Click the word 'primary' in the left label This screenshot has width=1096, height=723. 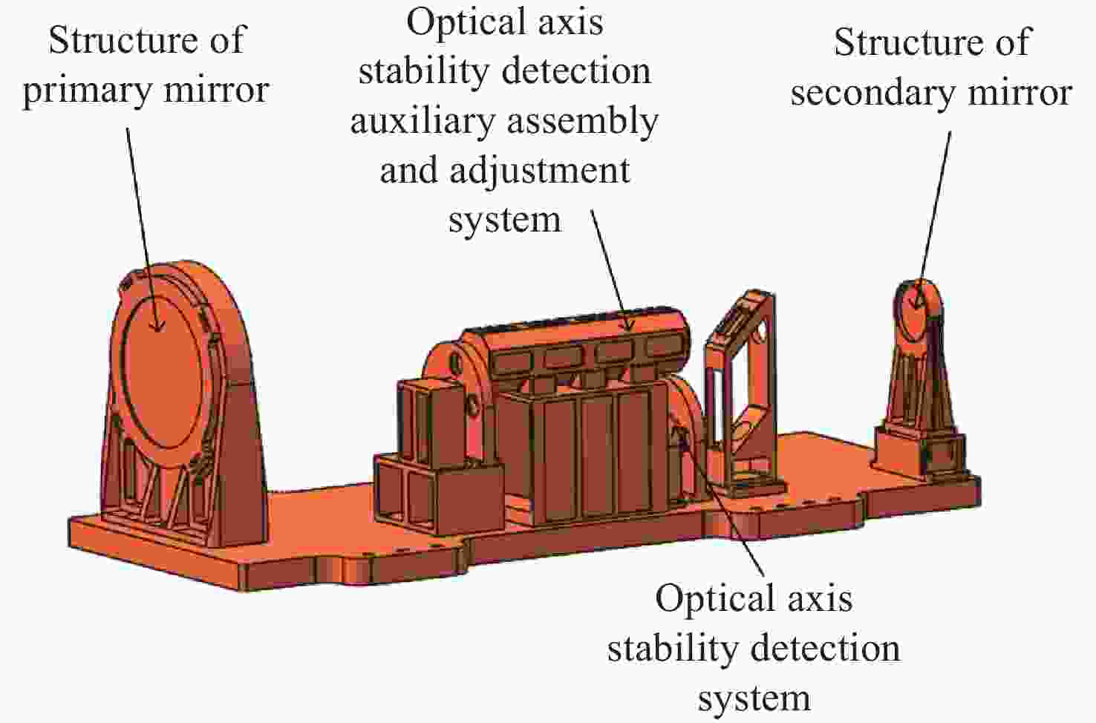[x=88, y=91]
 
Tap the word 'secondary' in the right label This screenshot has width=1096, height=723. [x=872, y=93]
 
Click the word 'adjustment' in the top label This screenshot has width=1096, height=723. [x=540, y=171]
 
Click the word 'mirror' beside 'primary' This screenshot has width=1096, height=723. [x=216, y=91]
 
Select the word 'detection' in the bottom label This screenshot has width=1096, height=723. [x=826, y=649]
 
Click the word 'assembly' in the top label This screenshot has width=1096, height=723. [x=583, y=122]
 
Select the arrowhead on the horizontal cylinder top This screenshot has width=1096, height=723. [x=629, y=323]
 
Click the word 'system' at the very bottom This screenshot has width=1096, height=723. [x=754, y=699]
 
